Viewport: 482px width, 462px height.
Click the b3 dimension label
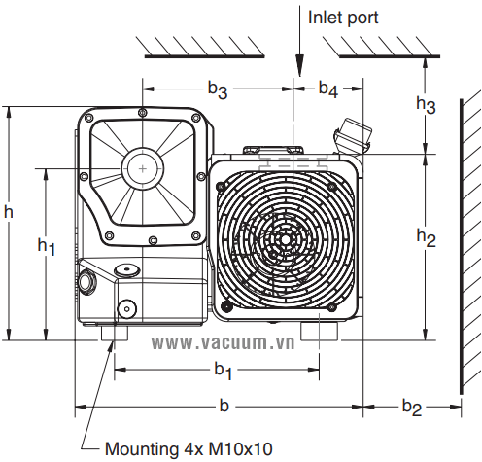pos(218,89)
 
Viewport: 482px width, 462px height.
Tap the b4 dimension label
pos(328,89)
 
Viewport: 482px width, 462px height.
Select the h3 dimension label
pos(426,105)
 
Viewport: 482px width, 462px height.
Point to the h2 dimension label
pos(426,238)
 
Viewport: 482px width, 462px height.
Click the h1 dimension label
pos(47,247)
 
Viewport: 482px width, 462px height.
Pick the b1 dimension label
pos(224,371)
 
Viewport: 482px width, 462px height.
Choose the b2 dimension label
pos(412,408)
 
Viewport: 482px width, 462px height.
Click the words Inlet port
pos(343,18)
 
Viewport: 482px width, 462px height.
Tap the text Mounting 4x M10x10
pos(189,449)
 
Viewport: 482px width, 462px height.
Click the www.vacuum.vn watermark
pos(224,343)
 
